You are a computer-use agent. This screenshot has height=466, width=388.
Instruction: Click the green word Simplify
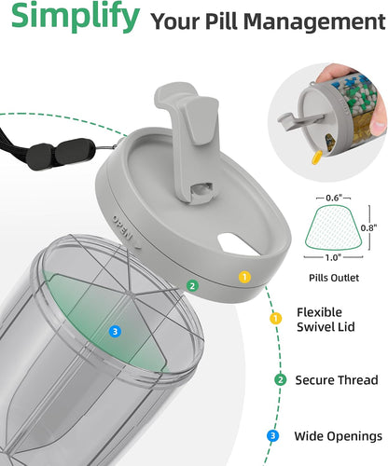[x=76, y=16]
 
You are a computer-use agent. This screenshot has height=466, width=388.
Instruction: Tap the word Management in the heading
[x=314, y=22]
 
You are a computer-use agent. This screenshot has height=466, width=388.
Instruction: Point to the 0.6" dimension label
[x=334, y=198]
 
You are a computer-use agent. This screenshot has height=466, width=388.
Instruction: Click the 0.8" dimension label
[x=368, y=227]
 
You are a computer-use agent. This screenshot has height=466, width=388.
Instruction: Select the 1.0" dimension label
[x=334, y=257]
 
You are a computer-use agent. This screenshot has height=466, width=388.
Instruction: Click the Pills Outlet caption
[x=334, y=278]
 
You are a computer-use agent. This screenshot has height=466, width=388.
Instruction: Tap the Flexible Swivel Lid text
[x=326, y=320]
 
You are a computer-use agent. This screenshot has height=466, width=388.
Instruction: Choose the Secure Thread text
[x=337, y=380]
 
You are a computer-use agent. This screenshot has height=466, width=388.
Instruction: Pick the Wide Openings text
[x=339, y=436]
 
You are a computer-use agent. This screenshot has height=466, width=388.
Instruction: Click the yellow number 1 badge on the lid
[x=244, y=277]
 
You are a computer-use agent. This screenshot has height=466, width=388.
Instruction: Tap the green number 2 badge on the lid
[x=192, y=285]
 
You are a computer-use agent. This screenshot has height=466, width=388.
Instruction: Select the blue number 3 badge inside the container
[x=115, y=332]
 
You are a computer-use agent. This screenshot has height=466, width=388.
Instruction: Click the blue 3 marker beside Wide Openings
[x=273, y=436]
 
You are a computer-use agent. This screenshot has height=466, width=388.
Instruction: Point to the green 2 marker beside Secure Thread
[x=281, y=379]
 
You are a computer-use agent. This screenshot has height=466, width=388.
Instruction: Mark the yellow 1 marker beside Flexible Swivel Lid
[x=275, y=319]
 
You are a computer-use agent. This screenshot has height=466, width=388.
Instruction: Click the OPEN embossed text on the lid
[x=122, y=227]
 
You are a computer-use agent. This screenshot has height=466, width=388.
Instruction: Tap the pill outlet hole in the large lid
[x=238, y=244]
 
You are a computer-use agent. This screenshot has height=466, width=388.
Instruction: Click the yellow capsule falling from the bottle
[x=316, y=158]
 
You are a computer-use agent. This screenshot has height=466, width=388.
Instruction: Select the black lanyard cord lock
[x=61, y=154]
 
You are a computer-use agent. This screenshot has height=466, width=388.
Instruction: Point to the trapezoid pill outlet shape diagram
[x=334, y=227]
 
